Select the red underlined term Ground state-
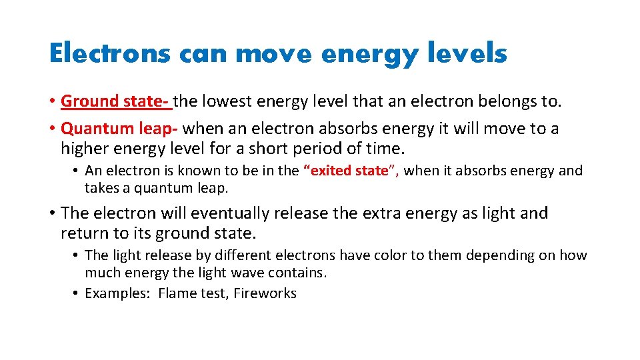pyautogui.click(x=115, y=101)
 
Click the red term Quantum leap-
pyautogui.click(x=119, y=128)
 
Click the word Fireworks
pyautogui.click(x=265, y=293)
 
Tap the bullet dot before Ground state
pyautogui.click(x=52, y=102)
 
